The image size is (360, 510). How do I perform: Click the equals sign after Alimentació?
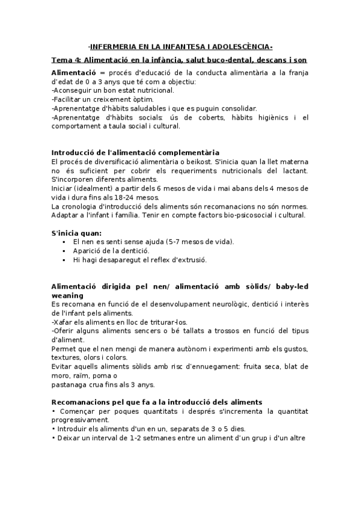(x=103, y=72)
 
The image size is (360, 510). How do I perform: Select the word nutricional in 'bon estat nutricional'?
(x=154, y=90)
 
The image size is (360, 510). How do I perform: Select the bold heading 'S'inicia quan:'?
(x=77, y=233)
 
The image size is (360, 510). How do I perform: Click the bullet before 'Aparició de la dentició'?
(x=64, y=251)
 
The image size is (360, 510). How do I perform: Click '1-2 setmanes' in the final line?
(x=158, y=438)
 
